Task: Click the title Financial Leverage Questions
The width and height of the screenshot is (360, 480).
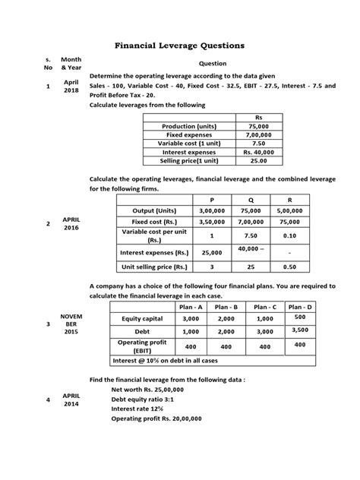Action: coord(179,46)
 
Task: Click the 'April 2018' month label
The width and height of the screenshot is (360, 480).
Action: coord(71,86)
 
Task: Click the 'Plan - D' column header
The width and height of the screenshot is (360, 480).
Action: coord(321,306)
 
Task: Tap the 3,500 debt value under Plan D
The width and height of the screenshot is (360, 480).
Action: coord(321,330)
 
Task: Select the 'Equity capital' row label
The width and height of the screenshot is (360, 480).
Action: coord(142,320)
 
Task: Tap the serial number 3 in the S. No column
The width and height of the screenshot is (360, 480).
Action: coord(48,324)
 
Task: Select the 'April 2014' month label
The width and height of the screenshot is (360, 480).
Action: coord(71,399)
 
